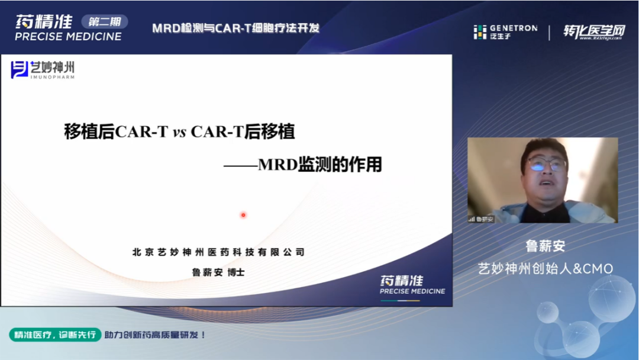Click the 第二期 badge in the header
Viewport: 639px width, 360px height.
pos(104,22)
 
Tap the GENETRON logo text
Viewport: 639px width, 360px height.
pos(512,28)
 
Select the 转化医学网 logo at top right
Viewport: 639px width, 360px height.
pos(593,33)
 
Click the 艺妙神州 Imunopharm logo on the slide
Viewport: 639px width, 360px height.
pos(43,70)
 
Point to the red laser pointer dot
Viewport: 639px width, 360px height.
pos(243,215)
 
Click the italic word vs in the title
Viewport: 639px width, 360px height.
pos(179,132)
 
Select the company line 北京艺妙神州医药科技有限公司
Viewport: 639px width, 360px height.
pos(218,252)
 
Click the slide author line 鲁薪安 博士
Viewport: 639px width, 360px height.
pos(218,272)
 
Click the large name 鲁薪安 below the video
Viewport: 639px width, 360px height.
pos(545,246)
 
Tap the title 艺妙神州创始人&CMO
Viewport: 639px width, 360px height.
pos(545,269)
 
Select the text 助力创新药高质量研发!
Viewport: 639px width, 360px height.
pos(155,335)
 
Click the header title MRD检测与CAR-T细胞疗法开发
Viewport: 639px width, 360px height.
pos(235,28)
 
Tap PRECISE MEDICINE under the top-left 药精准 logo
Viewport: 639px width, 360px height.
pos(68,37)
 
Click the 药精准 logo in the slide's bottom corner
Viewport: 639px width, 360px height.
pos(412,284)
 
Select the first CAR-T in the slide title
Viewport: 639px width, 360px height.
pos(142,132)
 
